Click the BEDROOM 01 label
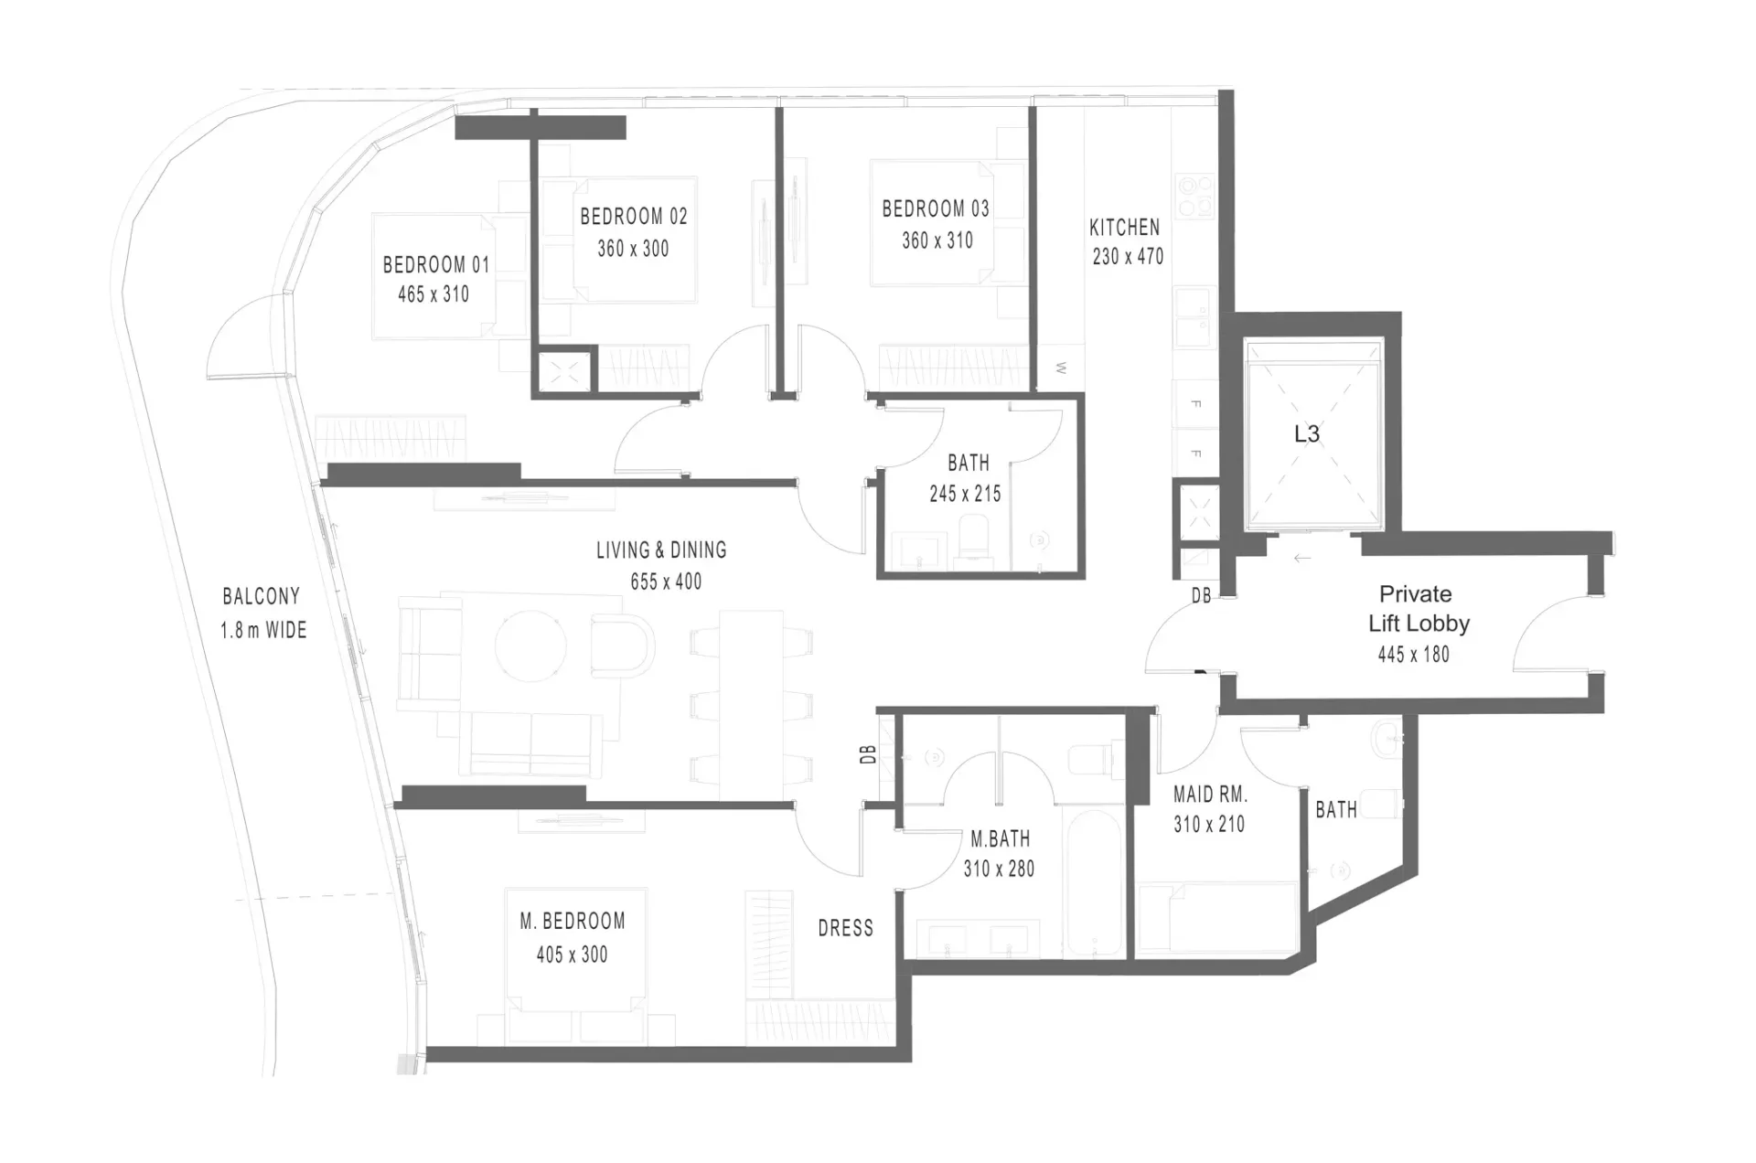[x=436, y=265]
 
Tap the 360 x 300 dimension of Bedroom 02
[x=633, y=249]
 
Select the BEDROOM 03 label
[x=936, y=208]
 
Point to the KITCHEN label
[x=1124, y=227]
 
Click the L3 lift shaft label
[x=1307, y=433]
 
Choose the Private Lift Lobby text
[x=1418, y=609]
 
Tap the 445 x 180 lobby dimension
[x=1414, y=655]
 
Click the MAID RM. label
[x=1210, y=794]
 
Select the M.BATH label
[x=1000, y=838]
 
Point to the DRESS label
[x=846, y=928]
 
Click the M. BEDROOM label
[x=573, y=921]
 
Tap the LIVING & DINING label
[x=661, y=550]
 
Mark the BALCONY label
[x=262, y=597]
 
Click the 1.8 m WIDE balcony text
[x=263, y=630]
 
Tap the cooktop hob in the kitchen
[x=1194, y=196]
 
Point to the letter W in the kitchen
[x=1061, y=368]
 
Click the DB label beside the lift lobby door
[x=1202, y=596]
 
